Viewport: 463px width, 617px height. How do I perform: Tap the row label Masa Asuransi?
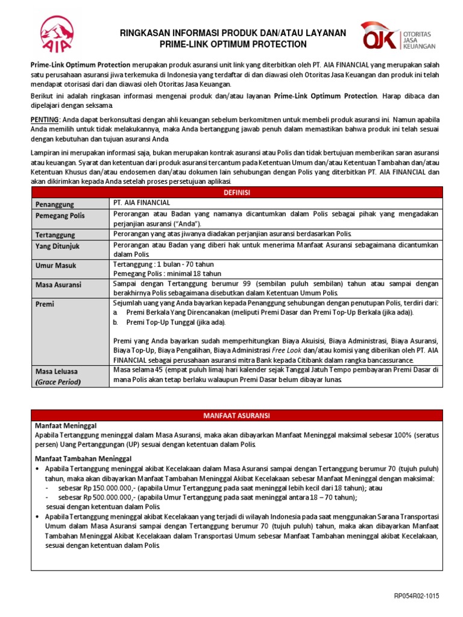58,284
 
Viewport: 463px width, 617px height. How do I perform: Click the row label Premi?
45,305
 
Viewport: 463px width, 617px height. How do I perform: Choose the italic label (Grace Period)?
58,381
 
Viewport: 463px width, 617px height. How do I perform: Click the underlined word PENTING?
45,119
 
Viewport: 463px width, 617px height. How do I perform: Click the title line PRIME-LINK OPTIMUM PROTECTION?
233,45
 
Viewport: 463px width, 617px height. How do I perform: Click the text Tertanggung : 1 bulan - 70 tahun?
163,264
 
